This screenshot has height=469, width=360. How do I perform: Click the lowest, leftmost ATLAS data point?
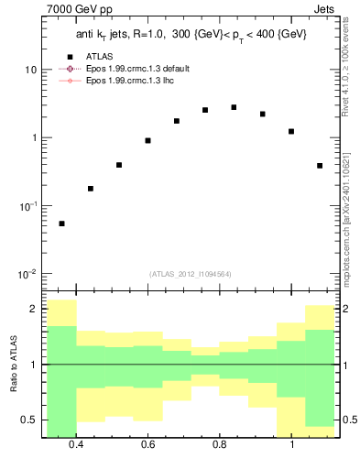point(61,224)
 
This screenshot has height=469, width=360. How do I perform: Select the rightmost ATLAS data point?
point(320,166)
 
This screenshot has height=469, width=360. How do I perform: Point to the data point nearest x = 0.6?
point(147,140)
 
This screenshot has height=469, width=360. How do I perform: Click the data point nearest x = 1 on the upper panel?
point(291,131)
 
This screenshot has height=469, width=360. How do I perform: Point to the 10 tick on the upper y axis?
point(30,70)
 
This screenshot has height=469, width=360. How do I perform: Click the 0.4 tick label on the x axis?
point(76,445)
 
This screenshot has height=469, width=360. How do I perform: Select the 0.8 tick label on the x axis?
point(220,445)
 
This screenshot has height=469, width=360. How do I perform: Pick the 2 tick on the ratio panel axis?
point(33,309)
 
